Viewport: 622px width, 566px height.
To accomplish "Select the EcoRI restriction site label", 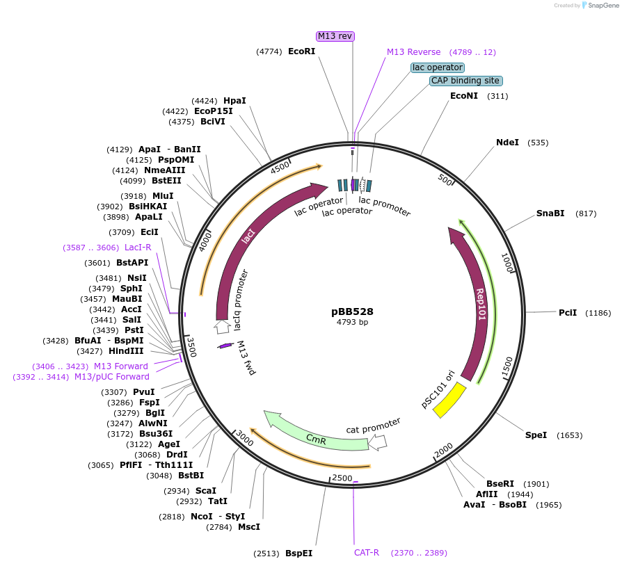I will pyautogui.click(x=301, y=51).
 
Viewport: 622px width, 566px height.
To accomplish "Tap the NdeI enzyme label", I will pyautogui.click(x=507, y=143).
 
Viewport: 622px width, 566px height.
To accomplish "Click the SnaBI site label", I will pyautogui.click(x=550, y=213).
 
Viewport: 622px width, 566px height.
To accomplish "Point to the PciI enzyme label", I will pyautogui.click(x=568, y=313).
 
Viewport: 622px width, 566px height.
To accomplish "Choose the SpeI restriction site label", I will pyautogui.click(x=536, y=435).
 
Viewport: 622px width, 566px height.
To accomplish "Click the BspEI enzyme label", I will pyautogui.click(x=298, y=553).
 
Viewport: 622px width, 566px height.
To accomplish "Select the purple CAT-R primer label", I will pyautogui.click(x=366, y=553).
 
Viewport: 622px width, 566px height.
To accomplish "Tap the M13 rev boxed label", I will pyautogui.click(x=335, y=35).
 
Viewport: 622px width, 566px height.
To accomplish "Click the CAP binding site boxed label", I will pyautogui.click(x=465, y=81).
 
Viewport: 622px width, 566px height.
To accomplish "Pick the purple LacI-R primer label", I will pyautogui.click(x=138, y=248).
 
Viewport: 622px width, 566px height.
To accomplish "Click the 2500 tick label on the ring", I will pyautogui.click(x=342, y=478).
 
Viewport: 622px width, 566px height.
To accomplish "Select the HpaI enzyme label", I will pyautogui.click(x=234, y=101).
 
